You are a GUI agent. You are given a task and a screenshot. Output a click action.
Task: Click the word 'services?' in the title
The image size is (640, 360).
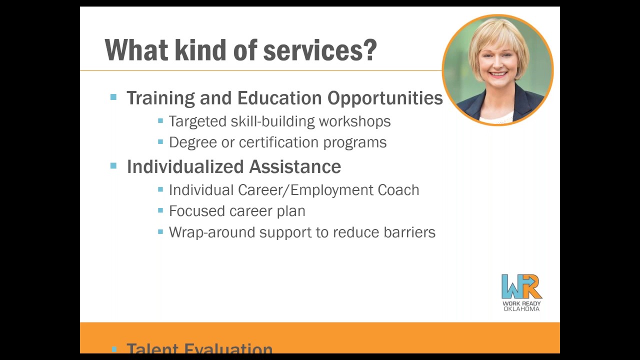coord(320,51)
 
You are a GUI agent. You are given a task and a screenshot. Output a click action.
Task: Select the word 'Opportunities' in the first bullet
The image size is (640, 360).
coord(385,98)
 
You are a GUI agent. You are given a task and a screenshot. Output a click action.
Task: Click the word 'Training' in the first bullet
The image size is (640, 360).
coord(160,98)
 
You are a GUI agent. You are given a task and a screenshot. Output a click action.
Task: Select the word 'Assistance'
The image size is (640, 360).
coord(295,166)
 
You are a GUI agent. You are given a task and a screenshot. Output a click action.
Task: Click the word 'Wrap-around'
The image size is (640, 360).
coord(212,232)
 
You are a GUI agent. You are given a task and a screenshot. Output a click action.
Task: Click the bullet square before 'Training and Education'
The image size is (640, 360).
coord(113,97)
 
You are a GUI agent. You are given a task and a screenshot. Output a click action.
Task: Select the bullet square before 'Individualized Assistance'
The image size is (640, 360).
coord(113,165)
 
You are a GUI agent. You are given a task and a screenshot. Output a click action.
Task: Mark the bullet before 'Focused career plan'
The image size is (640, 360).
coord(160,210)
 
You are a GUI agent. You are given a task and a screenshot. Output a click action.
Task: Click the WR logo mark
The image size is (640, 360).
coord(521,286)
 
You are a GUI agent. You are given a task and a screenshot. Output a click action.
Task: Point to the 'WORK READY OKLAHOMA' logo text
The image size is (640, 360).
coord(521,306)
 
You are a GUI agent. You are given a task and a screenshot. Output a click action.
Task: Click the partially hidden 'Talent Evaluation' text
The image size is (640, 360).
coord(199,348)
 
